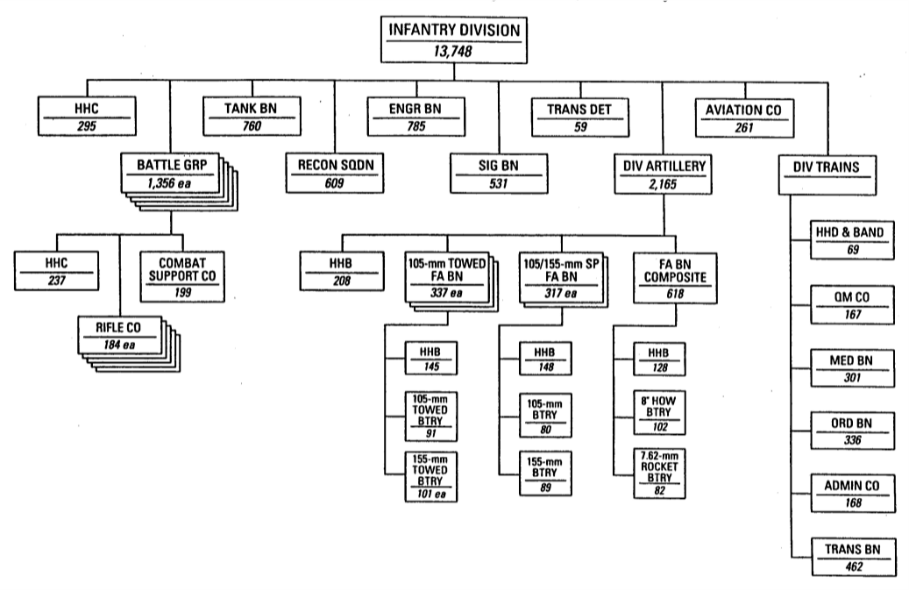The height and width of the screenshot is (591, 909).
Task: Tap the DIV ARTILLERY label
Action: coord(662,164)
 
